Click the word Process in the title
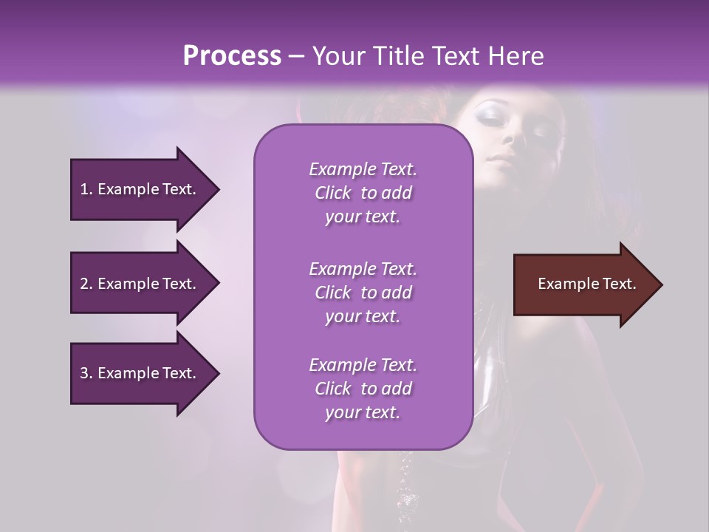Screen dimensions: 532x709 coord(232,56)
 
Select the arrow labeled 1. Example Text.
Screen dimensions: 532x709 coord(140,189)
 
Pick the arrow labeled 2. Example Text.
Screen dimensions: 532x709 coord(140,284)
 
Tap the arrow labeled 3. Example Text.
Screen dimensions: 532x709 coord(140,373)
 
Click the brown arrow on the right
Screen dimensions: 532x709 coord(583,284)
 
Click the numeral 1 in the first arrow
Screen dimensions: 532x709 coord(84,189)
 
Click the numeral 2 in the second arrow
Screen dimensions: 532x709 coord(84,284)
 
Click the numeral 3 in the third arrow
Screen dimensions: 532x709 coord(84,373)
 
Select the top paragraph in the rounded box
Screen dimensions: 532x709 coord(363,193)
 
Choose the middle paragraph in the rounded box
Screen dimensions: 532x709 coord(363,292)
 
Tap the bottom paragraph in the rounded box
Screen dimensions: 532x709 coord(363,389)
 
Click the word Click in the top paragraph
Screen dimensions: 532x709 coord(333,194)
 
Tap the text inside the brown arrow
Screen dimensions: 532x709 coord(586,284)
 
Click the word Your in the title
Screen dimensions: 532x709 coord(336,56)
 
